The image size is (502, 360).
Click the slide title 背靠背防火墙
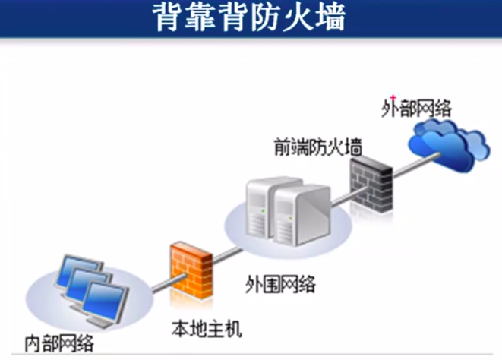click(x=251, y=18)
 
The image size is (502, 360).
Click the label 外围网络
click(x=280, y=285)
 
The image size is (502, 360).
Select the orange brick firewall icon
click(x=191, y=265)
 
